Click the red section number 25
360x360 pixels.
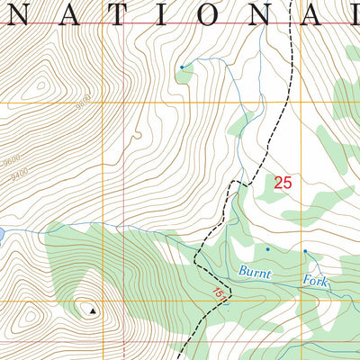283,183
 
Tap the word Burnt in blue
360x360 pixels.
253,270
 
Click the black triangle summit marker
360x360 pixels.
91,310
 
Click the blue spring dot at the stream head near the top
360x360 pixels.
181,67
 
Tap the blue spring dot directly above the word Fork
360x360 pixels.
305,251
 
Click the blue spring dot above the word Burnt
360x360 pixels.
267,247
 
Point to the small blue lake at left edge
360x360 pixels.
3,235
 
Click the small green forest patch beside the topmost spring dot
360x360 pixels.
185,76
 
